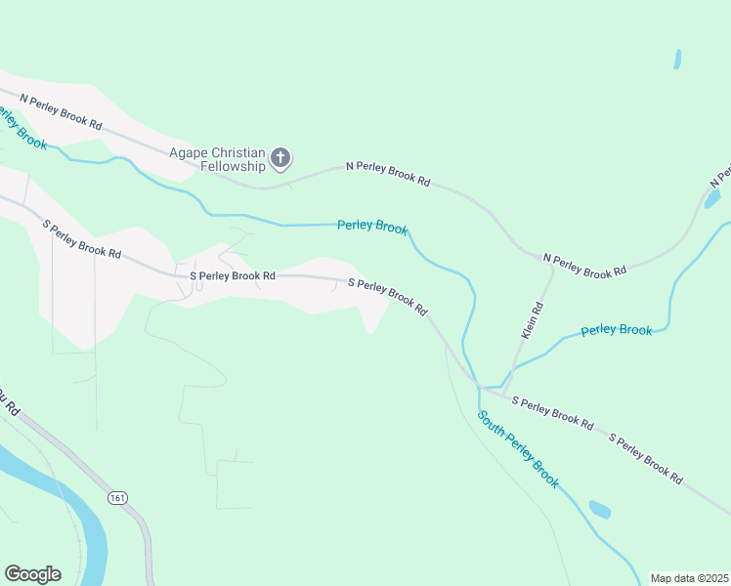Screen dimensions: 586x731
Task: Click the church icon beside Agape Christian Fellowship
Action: click(x=280, y=157)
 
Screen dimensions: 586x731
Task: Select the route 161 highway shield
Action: click(x=118, y=498)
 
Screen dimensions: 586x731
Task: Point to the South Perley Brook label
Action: click(x=518, y=449)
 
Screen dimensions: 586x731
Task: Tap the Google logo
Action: click(x=32, y=573)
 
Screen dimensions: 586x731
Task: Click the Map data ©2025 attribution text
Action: click(x=689, y=578)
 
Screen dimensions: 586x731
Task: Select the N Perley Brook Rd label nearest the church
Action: click(x=388, y=174)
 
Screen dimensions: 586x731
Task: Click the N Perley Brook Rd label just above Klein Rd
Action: click(x=584, y=266)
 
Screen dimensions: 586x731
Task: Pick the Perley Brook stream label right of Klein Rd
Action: click(x=616, y=330)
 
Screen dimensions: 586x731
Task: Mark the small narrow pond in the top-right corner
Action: click(x=677, y=59)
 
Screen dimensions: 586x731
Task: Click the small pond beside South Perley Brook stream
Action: click(x=600, y=510)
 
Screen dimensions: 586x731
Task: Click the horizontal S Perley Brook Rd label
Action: click(x=233, y=276)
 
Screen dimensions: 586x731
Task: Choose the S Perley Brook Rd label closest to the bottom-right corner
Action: click(x=646, y=457)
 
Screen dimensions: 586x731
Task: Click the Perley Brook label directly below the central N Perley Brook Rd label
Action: click(x=371, y=227)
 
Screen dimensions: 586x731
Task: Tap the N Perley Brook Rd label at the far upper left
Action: click(x=61, y=111)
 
